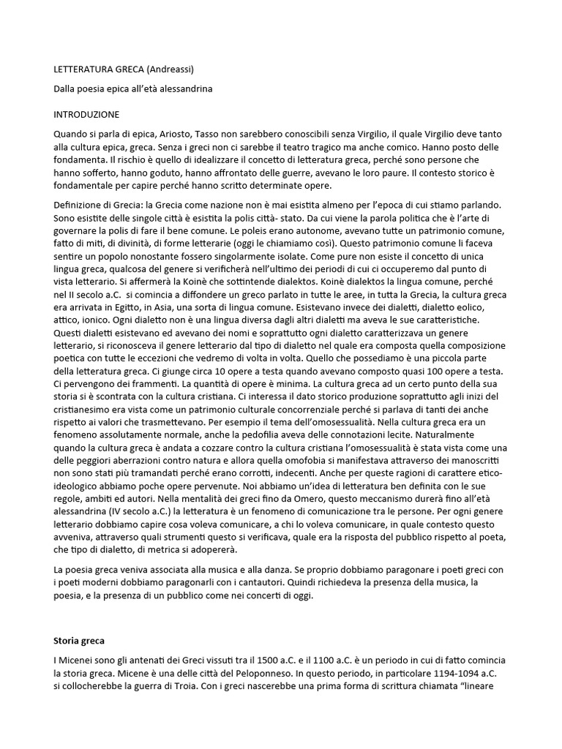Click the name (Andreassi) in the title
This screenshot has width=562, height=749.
(x=171, y=69)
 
